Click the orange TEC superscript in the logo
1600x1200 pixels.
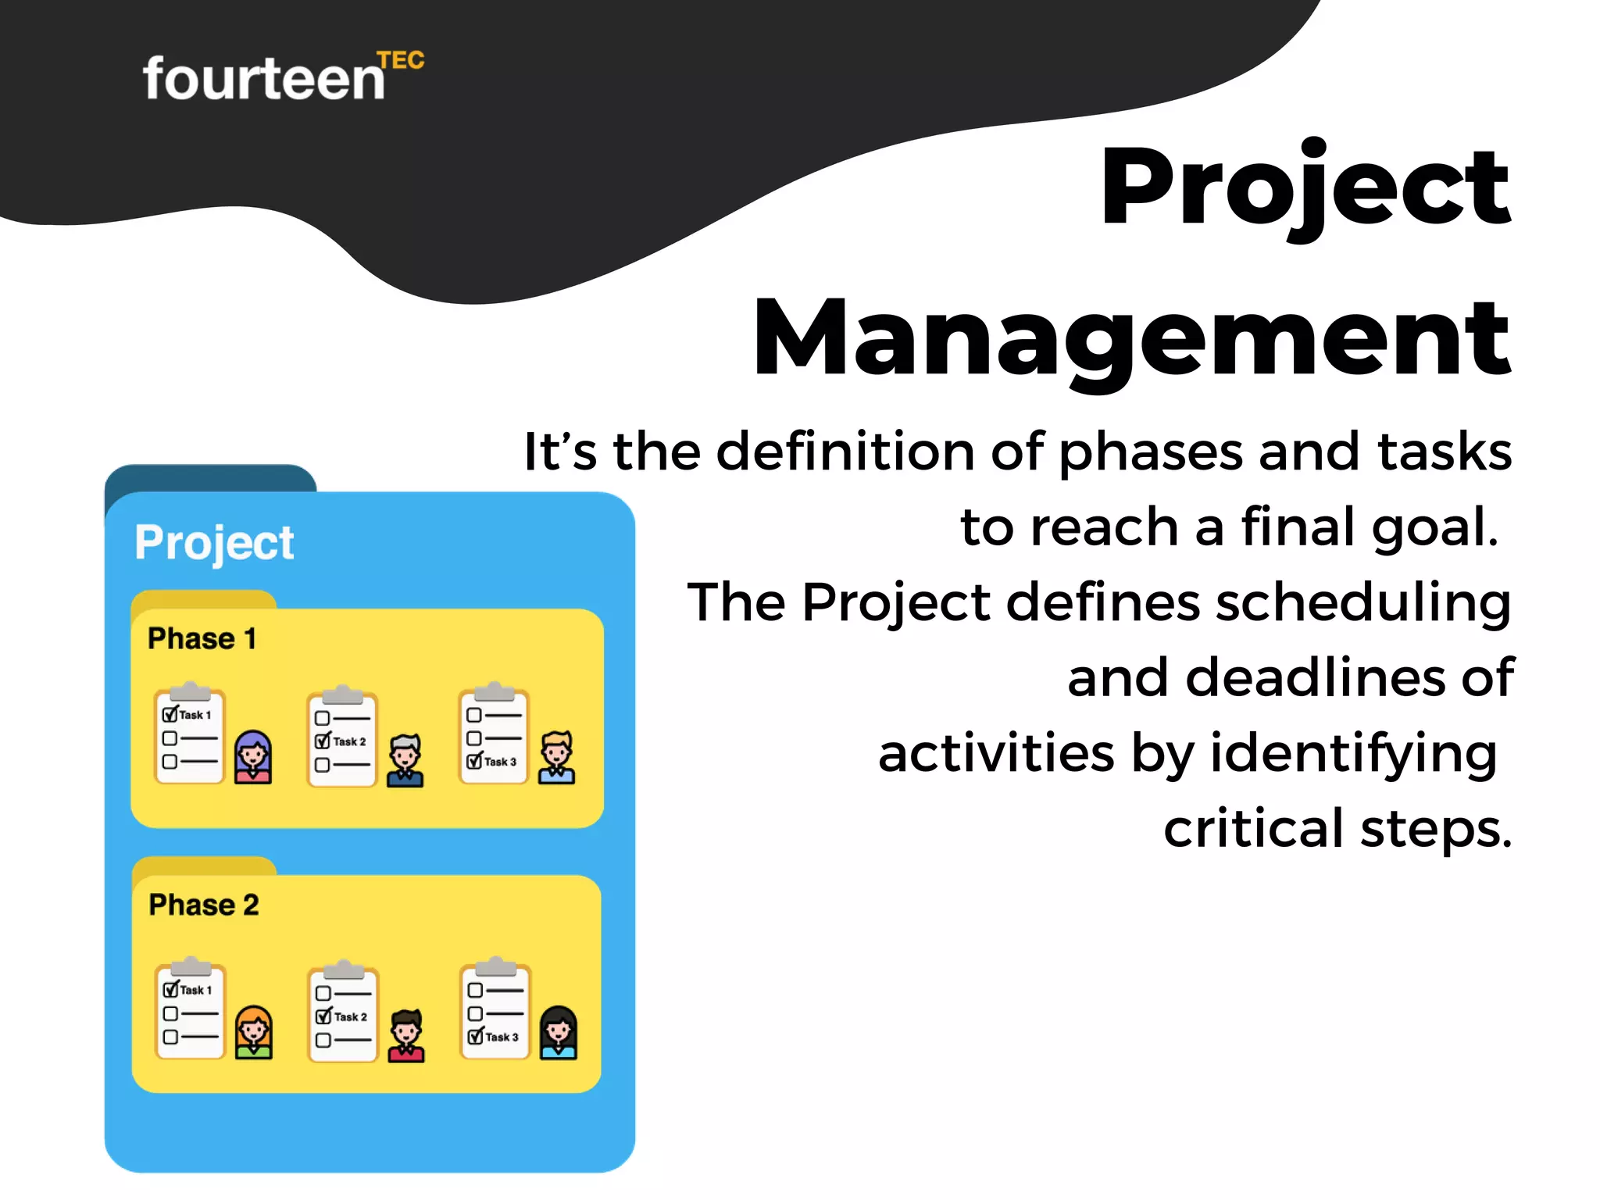401,61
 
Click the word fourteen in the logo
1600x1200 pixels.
263,80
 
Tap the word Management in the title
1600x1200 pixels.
1130,340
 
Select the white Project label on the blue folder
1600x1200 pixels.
214,542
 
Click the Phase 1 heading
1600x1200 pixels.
202,638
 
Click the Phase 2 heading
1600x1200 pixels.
203,905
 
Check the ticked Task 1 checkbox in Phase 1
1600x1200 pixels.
170,714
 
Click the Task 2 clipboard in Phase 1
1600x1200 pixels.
342,738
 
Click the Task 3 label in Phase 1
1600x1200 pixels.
500,762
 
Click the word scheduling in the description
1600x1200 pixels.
1362,603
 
